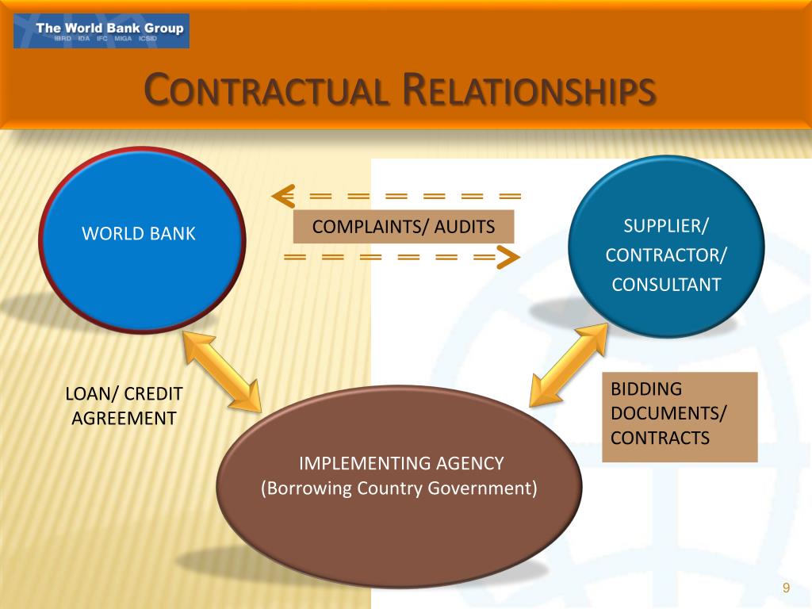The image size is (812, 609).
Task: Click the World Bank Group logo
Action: point(101,31)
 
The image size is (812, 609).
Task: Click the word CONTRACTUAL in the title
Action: point(266,90)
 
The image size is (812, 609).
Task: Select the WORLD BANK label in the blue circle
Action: point(139,233)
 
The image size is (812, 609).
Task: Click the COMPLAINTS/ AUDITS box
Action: point(404,227)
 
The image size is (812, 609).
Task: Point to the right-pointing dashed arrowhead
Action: point(508,257)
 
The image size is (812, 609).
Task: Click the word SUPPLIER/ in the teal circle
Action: point(666,226)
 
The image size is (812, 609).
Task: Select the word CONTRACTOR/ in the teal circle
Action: point(666,255)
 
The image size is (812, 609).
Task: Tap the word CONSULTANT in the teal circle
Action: point(666,284)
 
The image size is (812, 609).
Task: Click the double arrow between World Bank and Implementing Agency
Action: point(221,371)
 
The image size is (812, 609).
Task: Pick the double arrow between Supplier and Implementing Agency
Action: point(568,366)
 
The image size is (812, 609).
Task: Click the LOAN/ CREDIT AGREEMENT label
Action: point(124,405)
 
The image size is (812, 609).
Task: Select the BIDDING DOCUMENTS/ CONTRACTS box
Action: point(680,416)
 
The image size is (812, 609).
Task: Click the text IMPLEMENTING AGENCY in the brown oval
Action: point(400,463)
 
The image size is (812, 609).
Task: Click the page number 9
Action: point(786,588)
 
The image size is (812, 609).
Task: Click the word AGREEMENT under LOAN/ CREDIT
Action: point(124,418)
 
